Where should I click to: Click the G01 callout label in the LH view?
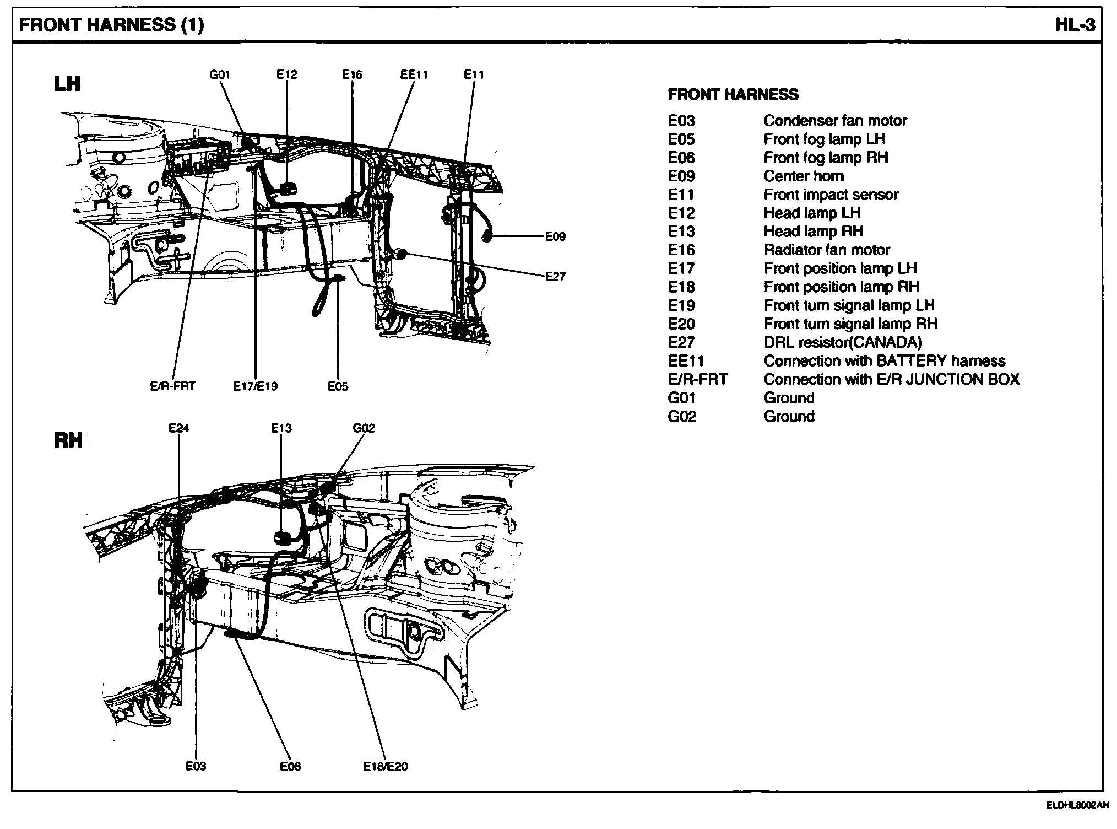(220, 74)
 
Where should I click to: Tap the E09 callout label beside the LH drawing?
(555, 236)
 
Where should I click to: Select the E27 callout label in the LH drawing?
(555, 276)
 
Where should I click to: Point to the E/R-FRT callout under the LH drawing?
(172, 386)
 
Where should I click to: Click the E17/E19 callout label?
(255, 386)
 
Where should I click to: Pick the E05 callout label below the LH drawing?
(338, 386)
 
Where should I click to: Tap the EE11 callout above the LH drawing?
(414, 74)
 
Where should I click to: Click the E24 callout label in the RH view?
(179, 428)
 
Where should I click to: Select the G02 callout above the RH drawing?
(364, 428)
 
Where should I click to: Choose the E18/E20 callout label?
(386, 766)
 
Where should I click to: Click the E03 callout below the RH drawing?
(196, 766)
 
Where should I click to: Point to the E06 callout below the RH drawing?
(290, 766)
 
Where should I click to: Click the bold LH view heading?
(67, 84)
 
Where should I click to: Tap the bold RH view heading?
(68, 440)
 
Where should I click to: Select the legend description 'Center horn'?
(803, 176)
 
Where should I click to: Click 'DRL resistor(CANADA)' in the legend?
(842, 342)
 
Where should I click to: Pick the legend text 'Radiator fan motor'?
(826, 250)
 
